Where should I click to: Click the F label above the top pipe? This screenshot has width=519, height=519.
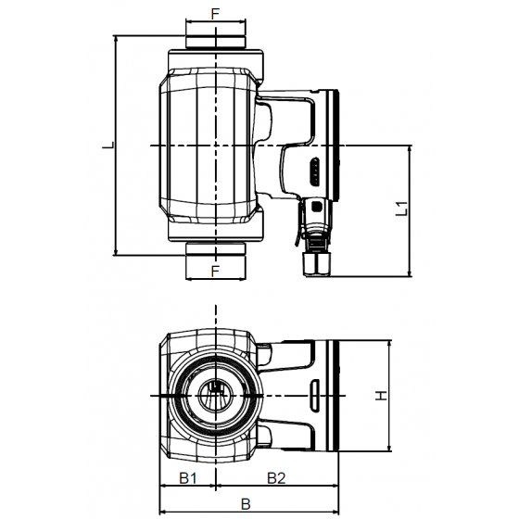215,15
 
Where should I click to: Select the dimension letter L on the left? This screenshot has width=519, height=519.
107,146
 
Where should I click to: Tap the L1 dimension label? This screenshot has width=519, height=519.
400,209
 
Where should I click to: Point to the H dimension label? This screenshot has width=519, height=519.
379,396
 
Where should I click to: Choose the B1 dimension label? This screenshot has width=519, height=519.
188,477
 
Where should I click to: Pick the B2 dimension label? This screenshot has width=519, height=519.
276,477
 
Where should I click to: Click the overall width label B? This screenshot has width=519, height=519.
246,504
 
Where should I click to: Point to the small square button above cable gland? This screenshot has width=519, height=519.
318,206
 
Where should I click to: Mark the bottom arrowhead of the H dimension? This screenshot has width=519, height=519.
386,449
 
